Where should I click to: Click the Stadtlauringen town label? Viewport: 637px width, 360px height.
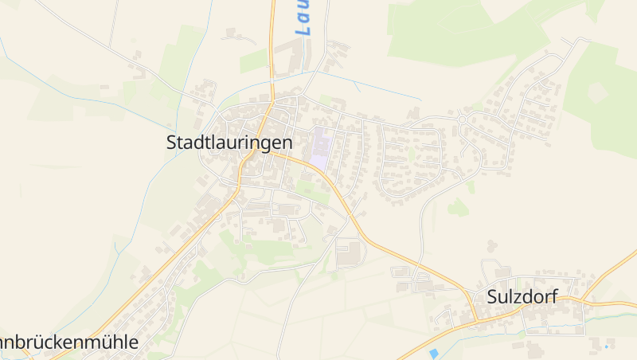(229, 143)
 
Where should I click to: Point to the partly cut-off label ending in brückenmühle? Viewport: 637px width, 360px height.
(68, 342)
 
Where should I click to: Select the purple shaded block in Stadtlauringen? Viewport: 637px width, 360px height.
(320, 147)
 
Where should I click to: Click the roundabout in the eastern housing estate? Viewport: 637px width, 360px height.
(463, 119)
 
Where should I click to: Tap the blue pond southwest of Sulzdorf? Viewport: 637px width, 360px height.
(433, 352)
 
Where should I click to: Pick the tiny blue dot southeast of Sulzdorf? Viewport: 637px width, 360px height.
(606, 346)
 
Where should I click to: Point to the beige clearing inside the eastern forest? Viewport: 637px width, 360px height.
(598, 92)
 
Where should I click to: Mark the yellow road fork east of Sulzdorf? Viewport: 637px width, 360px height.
(585, 302)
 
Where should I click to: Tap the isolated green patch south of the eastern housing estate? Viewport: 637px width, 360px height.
(457, 208)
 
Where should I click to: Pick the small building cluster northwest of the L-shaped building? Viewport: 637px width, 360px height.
(236, 35)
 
